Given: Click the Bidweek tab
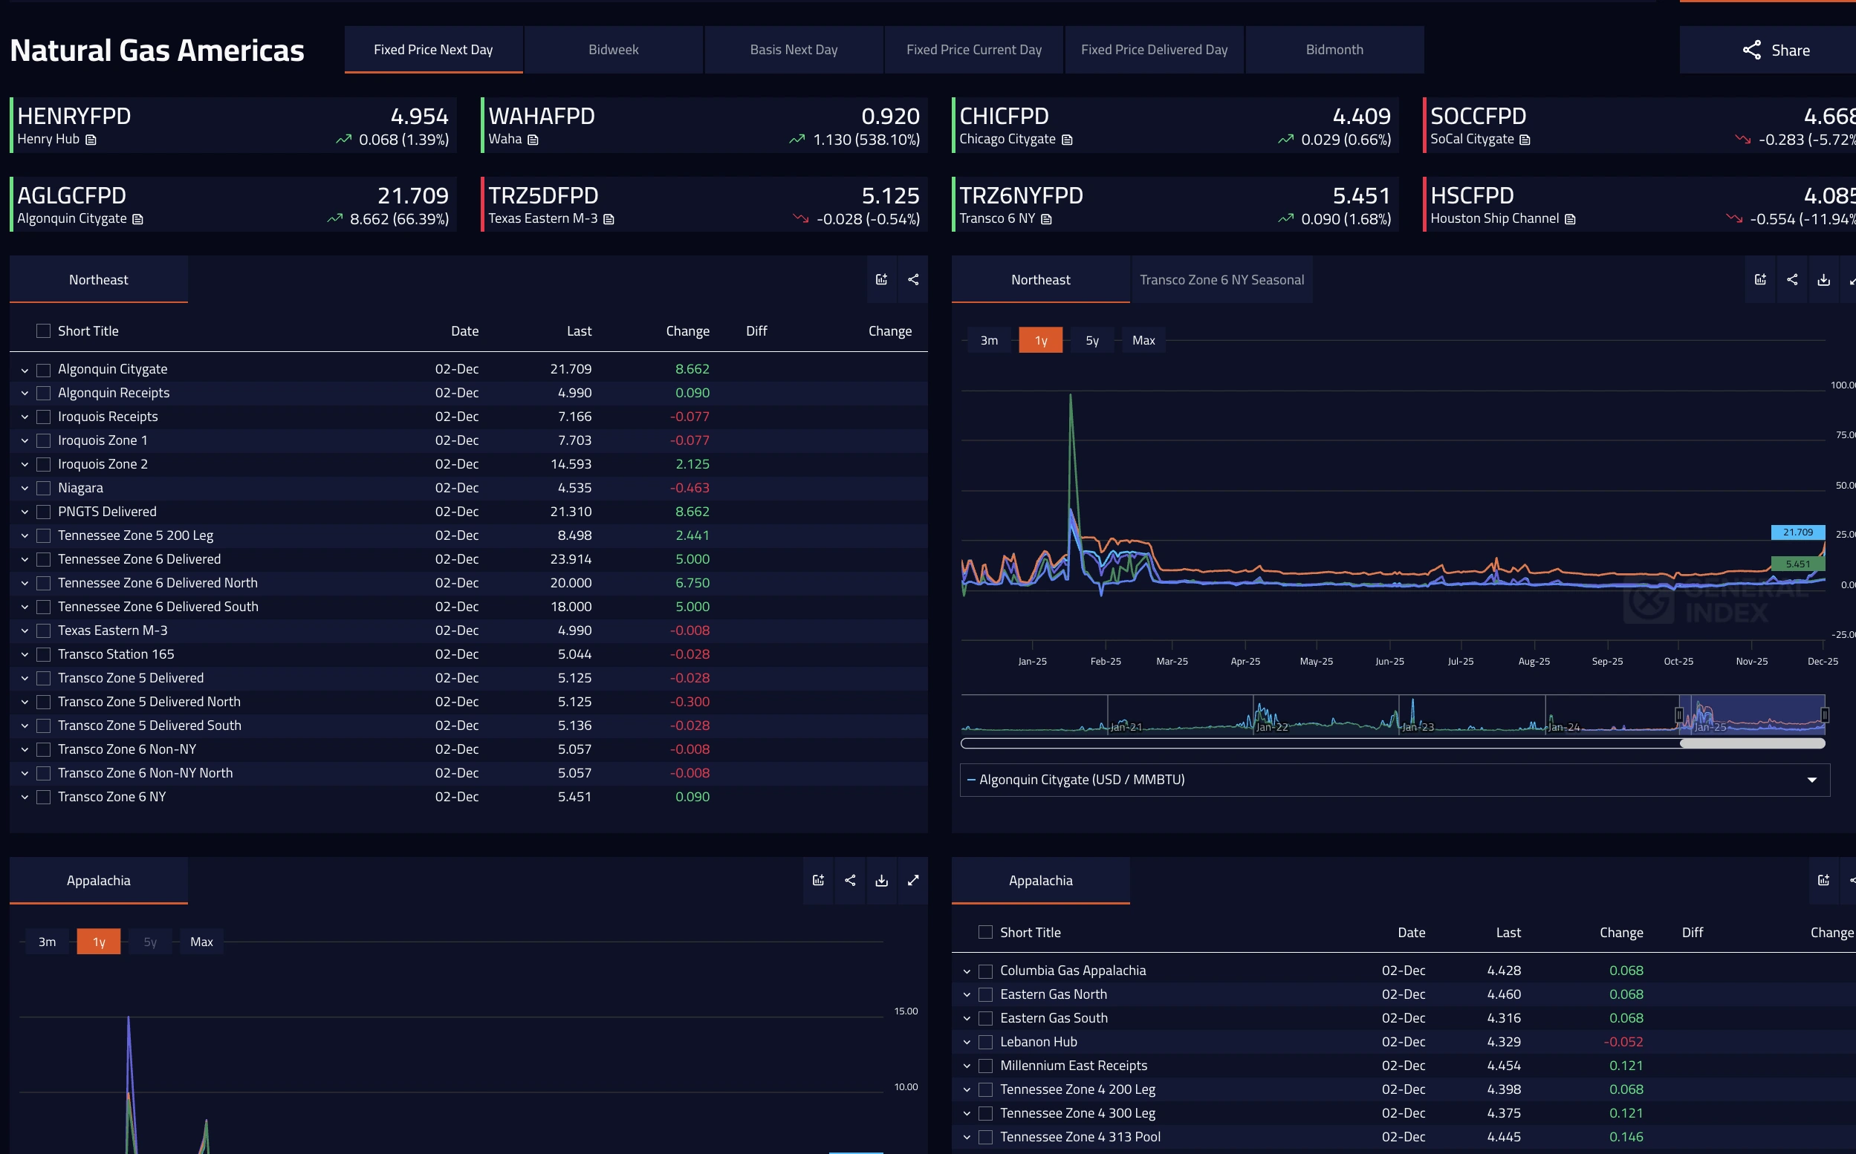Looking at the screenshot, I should [x=613, y=50].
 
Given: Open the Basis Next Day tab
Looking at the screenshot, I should [x=794, y=50].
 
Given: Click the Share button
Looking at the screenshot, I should [x=1776, y=50].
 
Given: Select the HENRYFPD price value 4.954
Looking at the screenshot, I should [x=419, y=116].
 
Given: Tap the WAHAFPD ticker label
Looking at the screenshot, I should [x=542, y=116].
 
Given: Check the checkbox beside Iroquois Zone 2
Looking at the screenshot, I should [x=44, y=464].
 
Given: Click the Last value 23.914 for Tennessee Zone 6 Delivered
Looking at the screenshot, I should [x=571, y=558].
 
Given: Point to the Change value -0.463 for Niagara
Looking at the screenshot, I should [x=689, y=488].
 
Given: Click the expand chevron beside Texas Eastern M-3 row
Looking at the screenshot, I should [x=25, y=631].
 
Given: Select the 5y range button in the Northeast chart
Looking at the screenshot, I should [x=1091, y=340].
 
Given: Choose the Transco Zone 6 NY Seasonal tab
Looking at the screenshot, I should [x=1221, y=280].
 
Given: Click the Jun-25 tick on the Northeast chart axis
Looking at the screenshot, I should [x=1389, y=661].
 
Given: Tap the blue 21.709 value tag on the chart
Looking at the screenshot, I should [x=1797, y=532].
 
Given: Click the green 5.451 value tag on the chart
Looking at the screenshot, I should [x=1797, y=564].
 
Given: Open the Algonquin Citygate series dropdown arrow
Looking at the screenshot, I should [x=1811, y=780].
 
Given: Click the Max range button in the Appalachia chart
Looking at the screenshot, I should [x=201, y=942].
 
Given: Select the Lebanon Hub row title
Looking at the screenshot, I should [x=1038, y=1042].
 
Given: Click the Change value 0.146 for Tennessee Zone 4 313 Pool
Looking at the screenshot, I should [x=1626, y=1136].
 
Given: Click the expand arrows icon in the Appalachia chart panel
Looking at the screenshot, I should [x=913, y=881].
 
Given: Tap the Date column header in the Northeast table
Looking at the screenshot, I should [x=464, y=331].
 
